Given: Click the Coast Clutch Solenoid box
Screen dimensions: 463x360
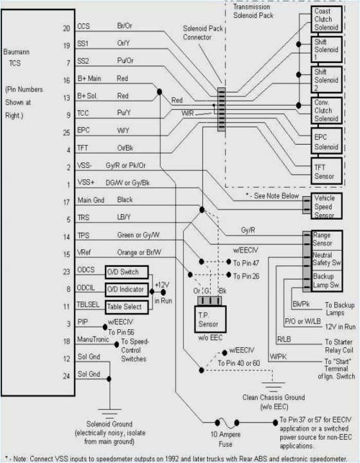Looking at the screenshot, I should (326, 19).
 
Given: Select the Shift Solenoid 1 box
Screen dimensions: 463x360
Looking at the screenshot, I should (326, 50).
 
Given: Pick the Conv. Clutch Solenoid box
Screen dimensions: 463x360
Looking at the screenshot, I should (326, 111).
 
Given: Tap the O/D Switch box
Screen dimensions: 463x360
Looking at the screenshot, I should (126, 272).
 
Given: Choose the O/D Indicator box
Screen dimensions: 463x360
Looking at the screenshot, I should (126, 290).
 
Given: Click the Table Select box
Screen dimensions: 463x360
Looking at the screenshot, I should (126, 307).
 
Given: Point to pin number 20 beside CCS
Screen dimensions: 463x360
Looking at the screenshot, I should (66, 28).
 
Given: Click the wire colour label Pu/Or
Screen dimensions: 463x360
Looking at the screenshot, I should (125, 60).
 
